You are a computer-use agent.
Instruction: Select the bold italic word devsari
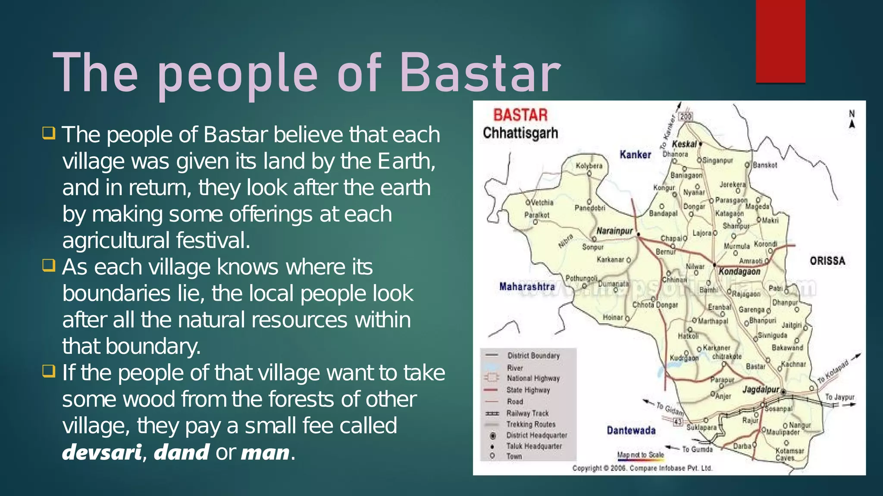point(102,453)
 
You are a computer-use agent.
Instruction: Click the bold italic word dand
point(182,453)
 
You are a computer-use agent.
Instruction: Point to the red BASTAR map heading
point(520,115)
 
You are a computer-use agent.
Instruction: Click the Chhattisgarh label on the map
point(520,133)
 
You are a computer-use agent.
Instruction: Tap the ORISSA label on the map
point(827,261)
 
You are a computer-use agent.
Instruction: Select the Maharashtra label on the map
point(527,287)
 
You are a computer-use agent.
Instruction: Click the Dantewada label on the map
point(631,431)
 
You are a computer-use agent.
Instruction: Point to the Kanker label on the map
point(635,155)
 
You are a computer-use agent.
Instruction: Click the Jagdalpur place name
point(761,390)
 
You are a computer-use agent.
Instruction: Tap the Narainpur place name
point(614,231)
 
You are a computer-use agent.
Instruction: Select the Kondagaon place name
point(739,272)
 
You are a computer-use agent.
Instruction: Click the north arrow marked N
point(852,119)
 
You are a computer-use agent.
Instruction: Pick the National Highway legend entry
point(533,378)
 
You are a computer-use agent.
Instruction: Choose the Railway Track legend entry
point(527,413)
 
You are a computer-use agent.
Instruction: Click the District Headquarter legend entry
point(536,435)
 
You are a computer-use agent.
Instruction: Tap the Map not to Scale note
point(640,455)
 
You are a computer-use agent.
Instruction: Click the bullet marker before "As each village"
point(49,265)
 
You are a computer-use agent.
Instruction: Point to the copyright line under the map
point(642,468)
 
